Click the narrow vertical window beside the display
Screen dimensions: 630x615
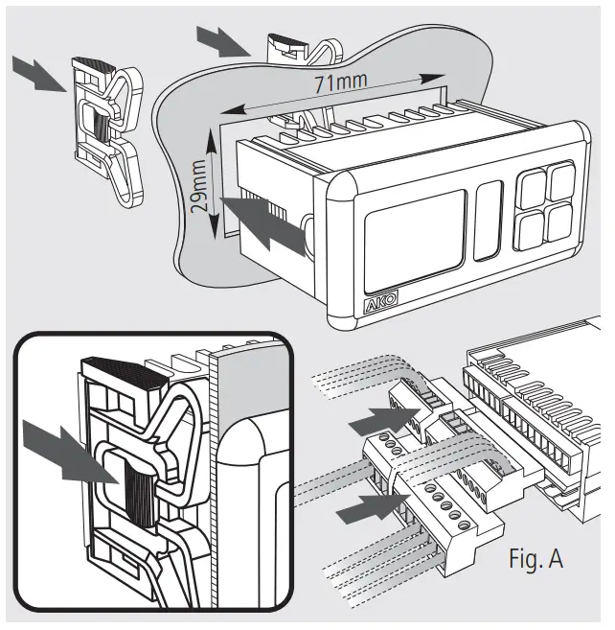tap(488, 220)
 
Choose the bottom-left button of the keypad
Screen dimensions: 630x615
tap(530, 226)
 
